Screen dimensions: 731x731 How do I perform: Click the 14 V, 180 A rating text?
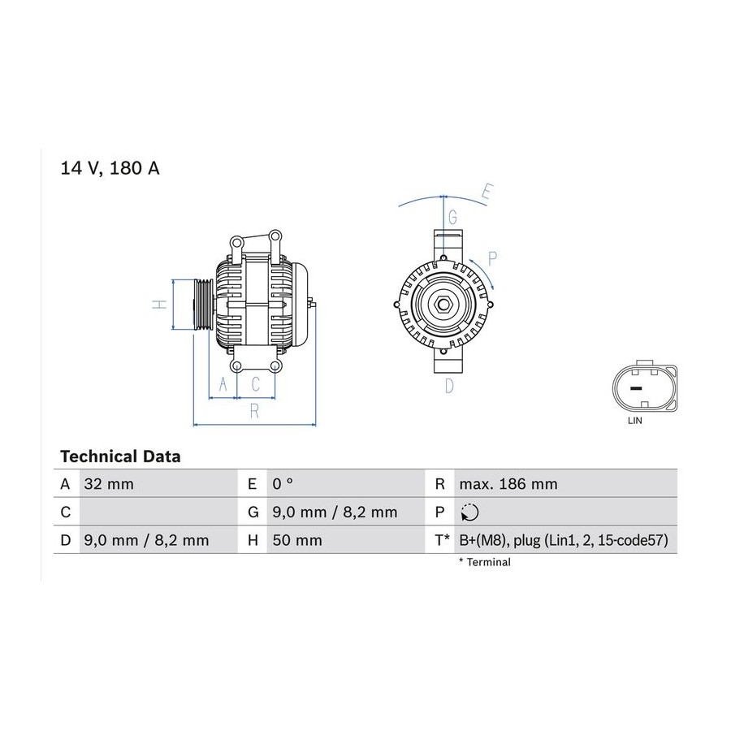(x=110, y=168)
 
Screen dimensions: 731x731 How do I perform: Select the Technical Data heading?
(x=120, y=456)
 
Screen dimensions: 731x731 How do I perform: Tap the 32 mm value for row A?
(x=109, y=484)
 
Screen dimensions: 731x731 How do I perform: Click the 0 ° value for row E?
(x=283, y=484)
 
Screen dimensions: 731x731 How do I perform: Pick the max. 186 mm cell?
(x=508, y=484)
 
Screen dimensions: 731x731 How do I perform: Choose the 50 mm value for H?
(x=297, y=540)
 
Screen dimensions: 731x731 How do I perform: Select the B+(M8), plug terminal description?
(x=564, y=540)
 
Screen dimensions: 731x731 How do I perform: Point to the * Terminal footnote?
(x=485, y=562)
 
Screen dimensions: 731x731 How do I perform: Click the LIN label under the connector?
(x=634, y=421)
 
